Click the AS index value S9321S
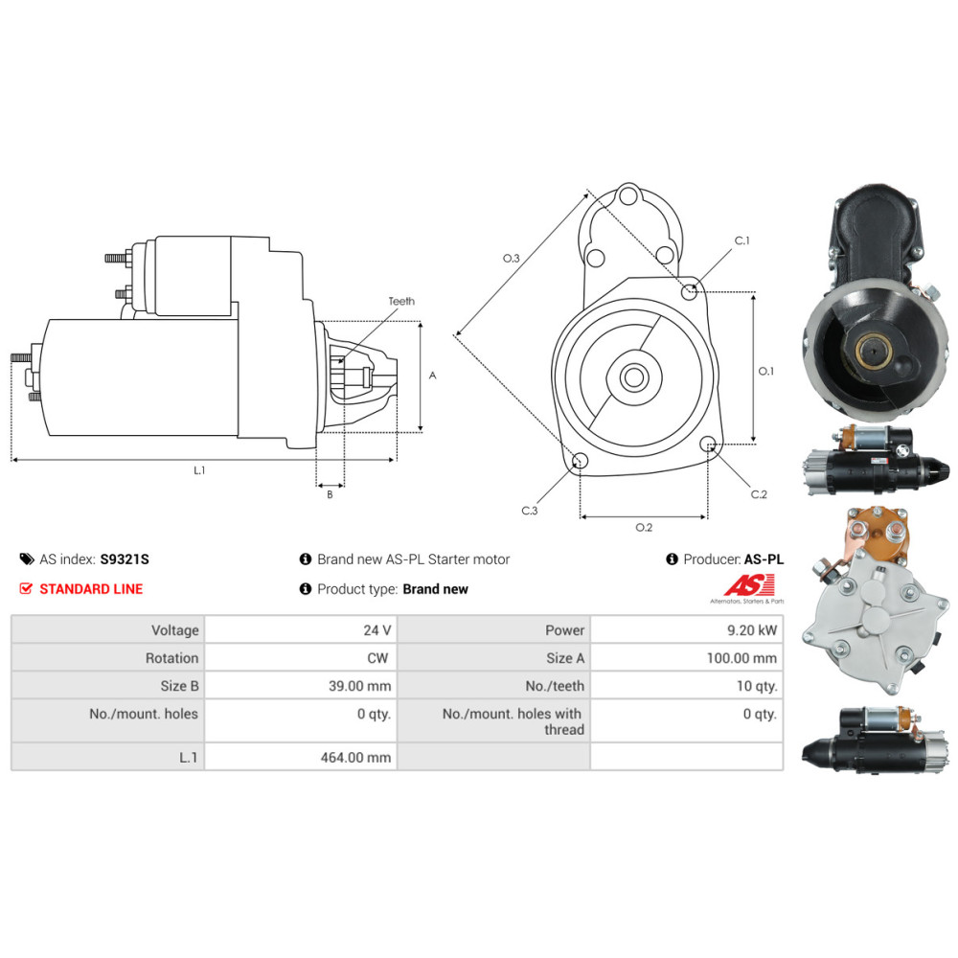(x=125, y=559)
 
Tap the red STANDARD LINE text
(x=91, y=589)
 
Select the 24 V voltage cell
(x=376, y=630)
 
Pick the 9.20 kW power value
(x=751, y=630)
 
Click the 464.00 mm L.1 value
(x=355, y=757)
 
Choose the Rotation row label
(x=171, y=658)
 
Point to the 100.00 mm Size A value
(x=741, y=658)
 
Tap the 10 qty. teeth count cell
(x=757, y=686)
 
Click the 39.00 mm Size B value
(x=360, y=686)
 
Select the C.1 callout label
(x=741, y=240)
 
